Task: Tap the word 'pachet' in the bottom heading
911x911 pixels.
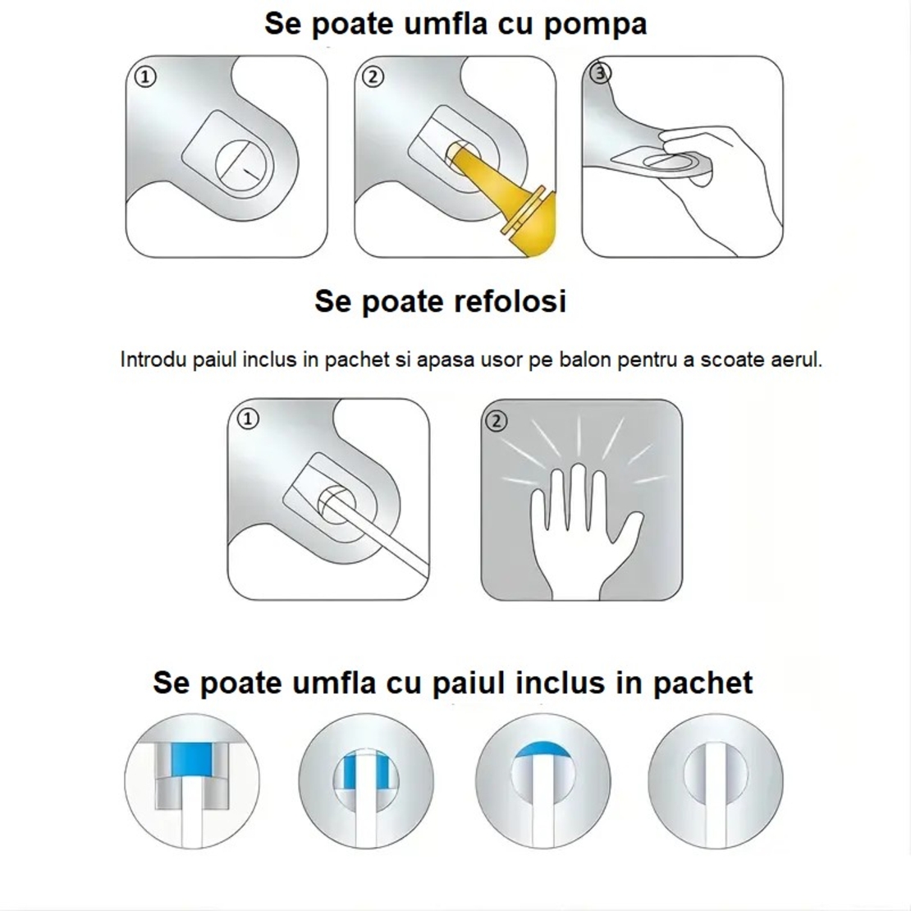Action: point(703,683)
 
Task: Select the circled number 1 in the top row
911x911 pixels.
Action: point(144,77)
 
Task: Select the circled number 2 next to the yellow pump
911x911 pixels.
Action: point(373,77)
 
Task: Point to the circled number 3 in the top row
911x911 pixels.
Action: point(601,74)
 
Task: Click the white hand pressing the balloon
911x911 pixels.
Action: point(579,525)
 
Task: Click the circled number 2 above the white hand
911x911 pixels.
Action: point(497,421)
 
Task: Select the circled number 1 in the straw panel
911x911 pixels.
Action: point(247,419)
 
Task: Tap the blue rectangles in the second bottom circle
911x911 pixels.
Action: point(365,772)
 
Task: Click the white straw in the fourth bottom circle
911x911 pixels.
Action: point(715,792)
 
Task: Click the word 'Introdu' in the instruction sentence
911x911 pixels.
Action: point(153,359)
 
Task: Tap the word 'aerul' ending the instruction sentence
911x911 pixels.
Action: point(796,359)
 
